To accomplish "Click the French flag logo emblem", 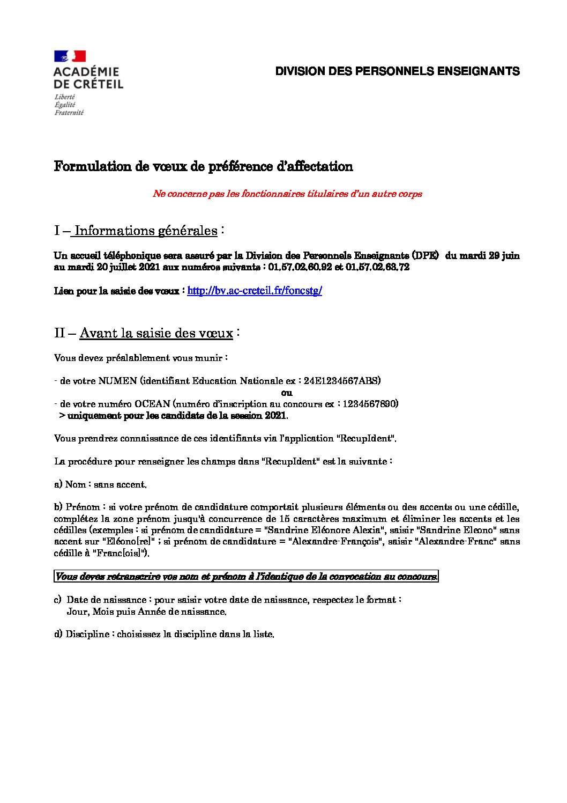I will (70, 56).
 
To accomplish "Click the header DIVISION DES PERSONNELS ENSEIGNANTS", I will (397, 71).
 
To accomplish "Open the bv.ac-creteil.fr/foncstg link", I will (254, 291).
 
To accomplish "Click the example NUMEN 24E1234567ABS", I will (342, 381).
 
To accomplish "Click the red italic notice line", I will (287, 194).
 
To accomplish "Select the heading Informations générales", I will (146, 231).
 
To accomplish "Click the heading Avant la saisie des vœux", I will (156, 333).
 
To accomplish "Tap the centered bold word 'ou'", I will (287, 392).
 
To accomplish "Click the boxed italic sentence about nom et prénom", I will (247, 577).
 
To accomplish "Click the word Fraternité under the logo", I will (69, 113).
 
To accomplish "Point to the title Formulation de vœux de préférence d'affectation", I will (203, 166).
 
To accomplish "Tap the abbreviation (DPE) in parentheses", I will (426, 256).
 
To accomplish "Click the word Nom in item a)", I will (74, 484).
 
